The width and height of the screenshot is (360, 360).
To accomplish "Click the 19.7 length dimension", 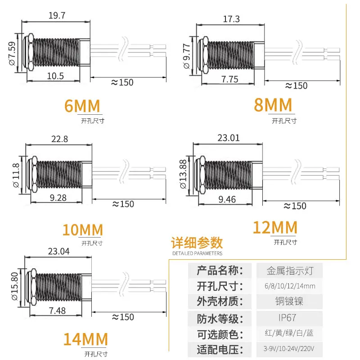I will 57,16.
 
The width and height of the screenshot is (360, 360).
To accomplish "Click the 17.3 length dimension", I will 231,19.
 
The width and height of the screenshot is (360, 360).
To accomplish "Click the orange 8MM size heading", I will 273,105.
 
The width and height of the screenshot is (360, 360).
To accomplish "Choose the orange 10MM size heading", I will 83,230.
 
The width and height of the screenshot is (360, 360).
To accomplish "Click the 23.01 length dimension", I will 229,138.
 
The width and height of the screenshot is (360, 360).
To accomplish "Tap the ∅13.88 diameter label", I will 183,173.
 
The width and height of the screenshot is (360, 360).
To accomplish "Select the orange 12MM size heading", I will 275,227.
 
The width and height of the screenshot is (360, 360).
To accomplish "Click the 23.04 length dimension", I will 58,252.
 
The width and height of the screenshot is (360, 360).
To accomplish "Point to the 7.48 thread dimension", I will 57,310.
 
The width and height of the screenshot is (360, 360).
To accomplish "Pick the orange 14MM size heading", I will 85,338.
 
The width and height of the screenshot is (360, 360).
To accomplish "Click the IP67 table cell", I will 288,318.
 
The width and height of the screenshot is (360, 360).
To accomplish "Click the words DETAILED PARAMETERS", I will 197,253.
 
